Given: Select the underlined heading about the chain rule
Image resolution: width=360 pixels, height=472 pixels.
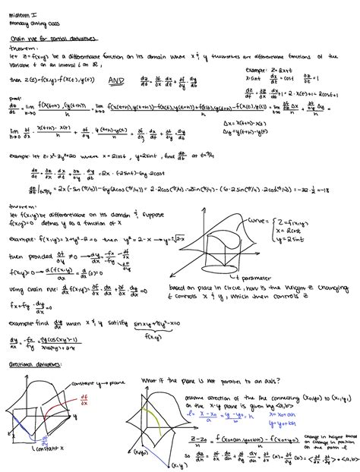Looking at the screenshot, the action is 43,36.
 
